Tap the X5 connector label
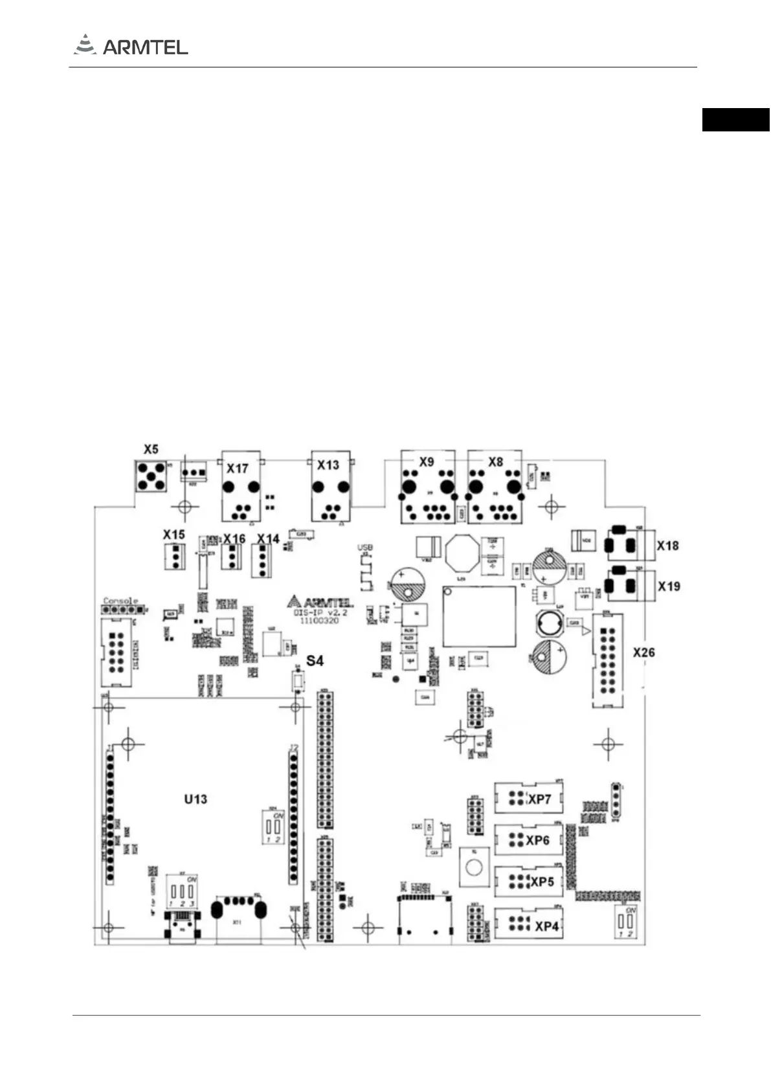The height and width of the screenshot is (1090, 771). pos(151,449)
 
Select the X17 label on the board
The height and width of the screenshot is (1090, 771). pos(238,468)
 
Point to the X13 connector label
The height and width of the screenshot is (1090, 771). pos(328,465)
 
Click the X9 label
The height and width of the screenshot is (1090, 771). pos(426,462)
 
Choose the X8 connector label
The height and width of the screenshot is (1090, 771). pos(495,462)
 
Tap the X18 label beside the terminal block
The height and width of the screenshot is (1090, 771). pos(667,545)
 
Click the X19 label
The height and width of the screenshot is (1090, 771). pos(669,586)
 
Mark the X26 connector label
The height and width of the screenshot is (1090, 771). pos(643,652)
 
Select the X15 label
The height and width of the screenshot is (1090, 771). pos(173,535)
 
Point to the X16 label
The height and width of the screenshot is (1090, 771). pos(234,539)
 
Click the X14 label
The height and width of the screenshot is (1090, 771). pos(268,539)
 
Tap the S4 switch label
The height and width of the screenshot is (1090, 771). pos(315,660)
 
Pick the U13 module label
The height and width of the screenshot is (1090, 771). pos(196,799)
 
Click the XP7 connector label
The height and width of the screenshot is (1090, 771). pos(540,799)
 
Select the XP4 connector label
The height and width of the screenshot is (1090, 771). pos(546,926)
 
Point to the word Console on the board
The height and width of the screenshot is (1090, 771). pos(120,601)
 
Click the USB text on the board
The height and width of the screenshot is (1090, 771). pos(365,548)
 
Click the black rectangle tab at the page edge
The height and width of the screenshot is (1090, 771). pos(735,120)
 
